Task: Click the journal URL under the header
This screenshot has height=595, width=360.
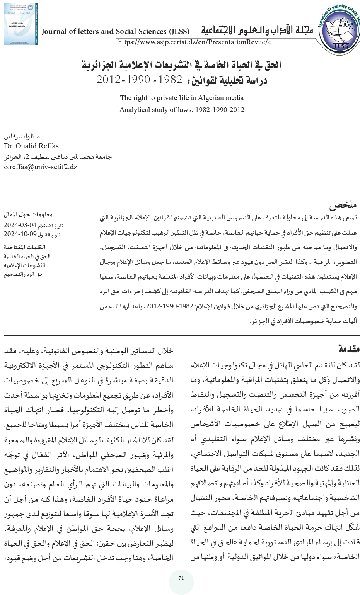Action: coord(194,42)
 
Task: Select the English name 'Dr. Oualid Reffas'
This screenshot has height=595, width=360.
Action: coord(31,146)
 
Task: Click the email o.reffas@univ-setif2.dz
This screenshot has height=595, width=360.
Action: coord(41,167)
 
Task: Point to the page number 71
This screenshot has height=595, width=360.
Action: coord(181,578)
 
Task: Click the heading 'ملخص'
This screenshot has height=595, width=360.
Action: coord(343,204)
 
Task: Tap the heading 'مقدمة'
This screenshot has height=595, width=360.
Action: coord(349,349)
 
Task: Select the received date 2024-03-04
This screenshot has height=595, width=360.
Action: coord(20,225)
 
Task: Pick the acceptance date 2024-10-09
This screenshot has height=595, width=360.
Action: coord(20,234)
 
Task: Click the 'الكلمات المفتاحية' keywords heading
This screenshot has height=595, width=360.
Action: coord(25,247)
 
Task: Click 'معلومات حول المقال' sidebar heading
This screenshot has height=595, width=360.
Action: coord(28,214)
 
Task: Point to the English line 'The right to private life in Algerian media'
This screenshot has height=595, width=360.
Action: coord(182,98)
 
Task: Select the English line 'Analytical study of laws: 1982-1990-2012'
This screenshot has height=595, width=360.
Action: coord(182,110)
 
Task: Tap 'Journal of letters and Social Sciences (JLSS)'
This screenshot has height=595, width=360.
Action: coord(115,32)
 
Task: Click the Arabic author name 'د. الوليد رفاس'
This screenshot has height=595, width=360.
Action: coord(22,137)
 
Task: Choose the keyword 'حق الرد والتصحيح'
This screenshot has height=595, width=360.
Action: coord(23,274)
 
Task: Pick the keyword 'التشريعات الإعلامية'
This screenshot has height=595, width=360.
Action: coord(24,265)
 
